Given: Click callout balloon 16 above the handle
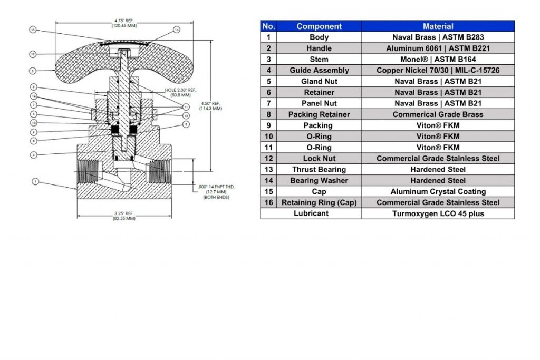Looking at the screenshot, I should (x=177, y=30).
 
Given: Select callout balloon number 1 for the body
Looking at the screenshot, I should (x=35, y=182).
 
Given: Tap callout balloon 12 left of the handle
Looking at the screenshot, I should (x=33, y=54).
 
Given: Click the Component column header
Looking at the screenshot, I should (x=319, y=26).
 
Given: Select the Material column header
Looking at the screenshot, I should (x=438, y=26).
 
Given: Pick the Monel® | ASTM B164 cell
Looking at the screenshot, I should (x=438, y=59).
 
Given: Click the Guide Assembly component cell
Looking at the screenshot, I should (x=319, y=70).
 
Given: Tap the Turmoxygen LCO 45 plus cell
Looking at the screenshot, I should (x=438, y=213).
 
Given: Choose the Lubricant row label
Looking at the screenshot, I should (x=311, y=213).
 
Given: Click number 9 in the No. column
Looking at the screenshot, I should (x=268, y=125).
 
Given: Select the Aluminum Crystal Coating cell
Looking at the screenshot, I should (x=438, y=191).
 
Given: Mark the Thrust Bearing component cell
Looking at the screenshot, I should (x=319, y=169).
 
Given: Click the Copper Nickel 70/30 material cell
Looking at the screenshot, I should (x=438, y=70).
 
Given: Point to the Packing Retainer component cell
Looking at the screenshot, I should (x=319, y=114).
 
